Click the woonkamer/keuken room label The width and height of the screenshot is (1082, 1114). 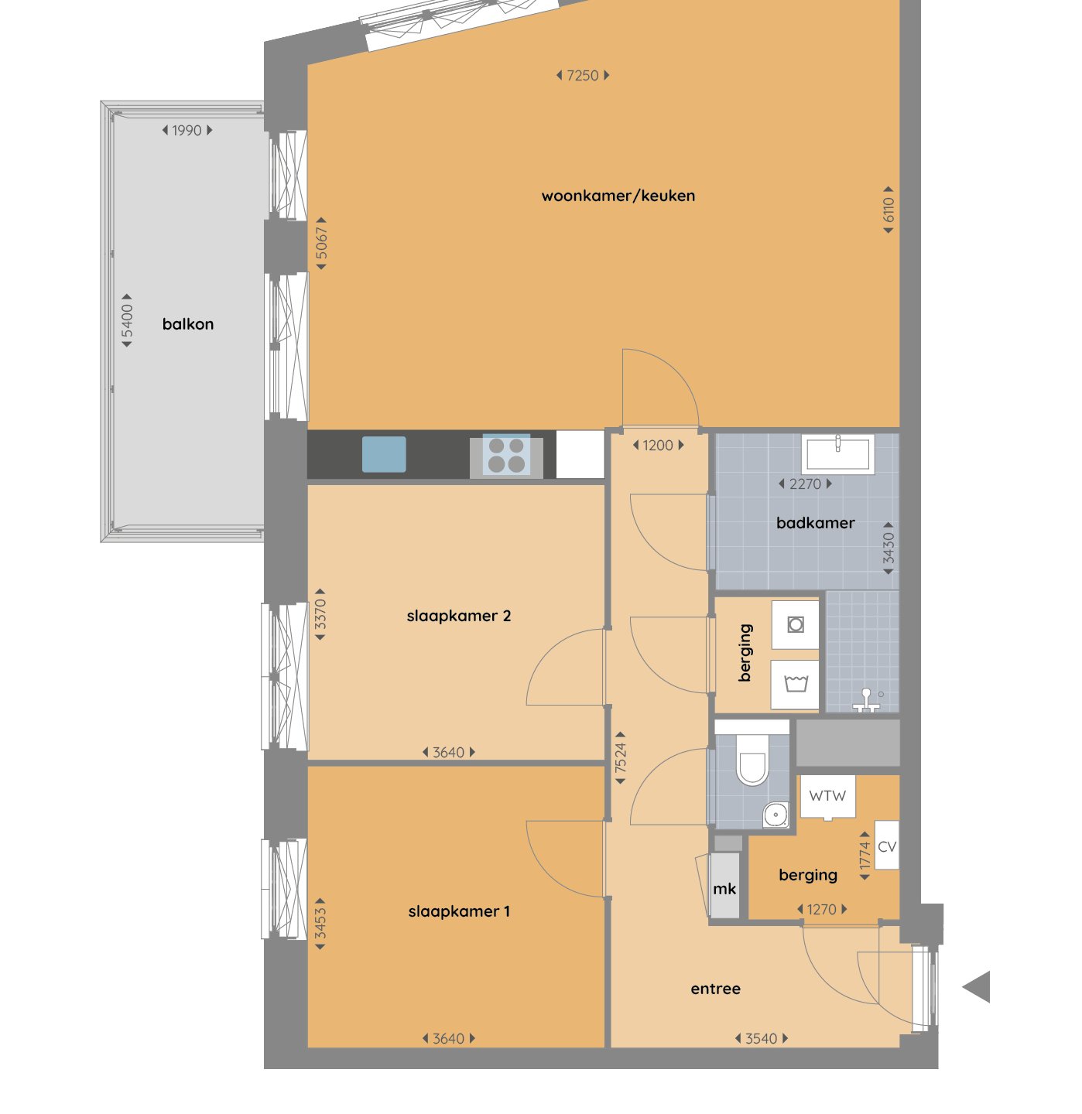(618, 196)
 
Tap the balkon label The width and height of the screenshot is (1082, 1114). (187, 324)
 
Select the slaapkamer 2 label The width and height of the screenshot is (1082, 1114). (458, 616)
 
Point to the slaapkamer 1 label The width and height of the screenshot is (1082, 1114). (458, 911)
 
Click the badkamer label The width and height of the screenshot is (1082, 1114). (815, 523)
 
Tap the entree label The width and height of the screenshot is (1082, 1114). (715, 989)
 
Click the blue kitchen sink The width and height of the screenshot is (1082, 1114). (384, 455)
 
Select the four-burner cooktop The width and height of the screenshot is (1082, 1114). (506, 456)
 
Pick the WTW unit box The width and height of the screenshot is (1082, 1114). (827, 796)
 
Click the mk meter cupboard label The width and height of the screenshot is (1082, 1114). (724, 889)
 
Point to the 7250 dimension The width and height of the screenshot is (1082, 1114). (583, 76)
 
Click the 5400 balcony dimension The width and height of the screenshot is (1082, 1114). (127, 320)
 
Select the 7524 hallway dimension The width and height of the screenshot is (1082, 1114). (621, 758)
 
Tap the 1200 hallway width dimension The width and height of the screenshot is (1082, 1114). (658, 446)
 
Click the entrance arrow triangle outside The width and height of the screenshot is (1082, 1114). (977, 987)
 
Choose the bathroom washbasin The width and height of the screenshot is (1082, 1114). (837, 454)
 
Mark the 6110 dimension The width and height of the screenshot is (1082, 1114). (888, 210)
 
